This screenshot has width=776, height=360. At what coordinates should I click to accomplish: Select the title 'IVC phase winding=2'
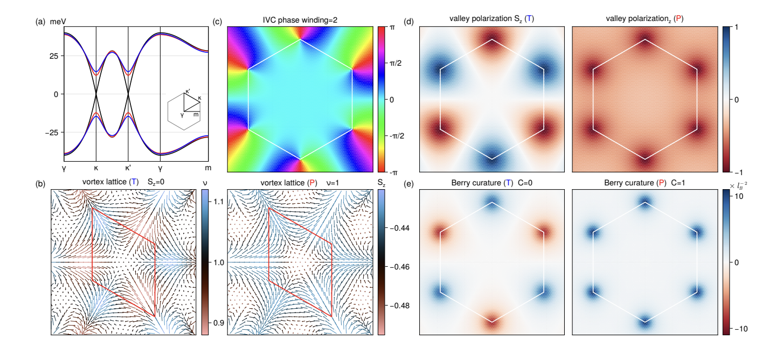[x=300, y=22]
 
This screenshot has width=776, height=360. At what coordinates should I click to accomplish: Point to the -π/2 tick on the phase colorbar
[x=396, y=136]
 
